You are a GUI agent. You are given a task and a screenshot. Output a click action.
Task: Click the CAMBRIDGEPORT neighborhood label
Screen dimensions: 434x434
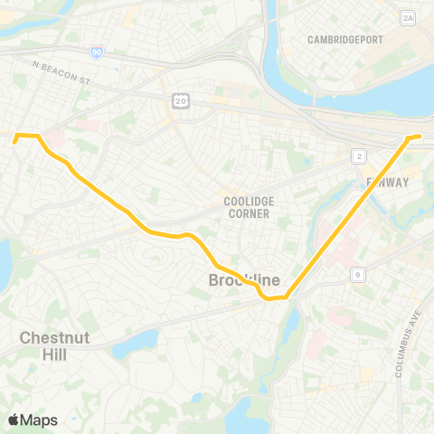click(345, 40)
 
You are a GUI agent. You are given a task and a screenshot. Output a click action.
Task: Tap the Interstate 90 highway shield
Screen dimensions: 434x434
click(96, 53)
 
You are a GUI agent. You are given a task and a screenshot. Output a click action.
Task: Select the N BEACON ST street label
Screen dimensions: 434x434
click(62, 67)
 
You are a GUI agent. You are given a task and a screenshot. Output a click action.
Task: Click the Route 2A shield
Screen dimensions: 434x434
click(408, 17)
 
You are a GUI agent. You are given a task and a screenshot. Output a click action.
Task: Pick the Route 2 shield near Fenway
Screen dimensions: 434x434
click(360, 156)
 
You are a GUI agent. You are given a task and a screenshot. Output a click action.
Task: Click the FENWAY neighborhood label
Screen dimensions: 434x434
click(388, 182)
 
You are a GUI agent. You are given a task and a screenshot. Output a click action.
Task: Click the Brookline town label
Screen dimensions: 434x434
click(244, 280)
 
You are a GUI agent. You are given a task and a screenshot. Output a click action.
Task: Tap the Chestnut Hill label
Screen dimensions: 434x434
click(55, 346)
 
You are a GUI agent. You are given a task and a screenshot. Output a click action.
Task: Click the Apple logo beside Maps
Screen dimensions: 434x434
click(14, 420)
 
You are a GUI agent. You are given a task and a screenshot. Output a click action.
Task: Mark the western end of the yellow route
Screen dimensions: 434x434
click(14, 142)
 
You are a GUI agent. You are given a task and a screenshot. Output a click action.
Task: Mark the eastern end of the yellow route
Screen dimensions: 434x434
click(420, 137)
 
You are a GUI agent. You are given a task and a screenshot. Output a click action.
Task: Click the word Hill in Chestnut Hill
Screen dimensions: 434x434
click(55, 354)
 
